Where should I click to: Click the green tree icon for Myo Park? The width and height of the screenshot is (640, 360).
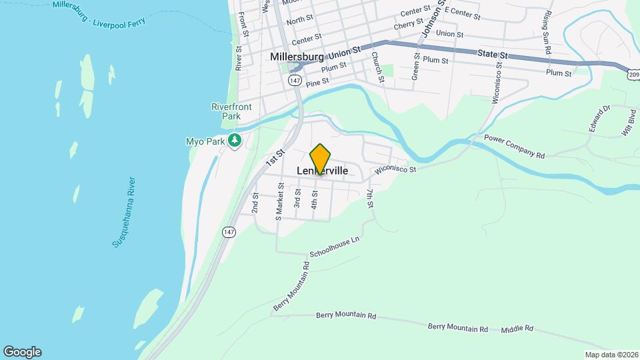pos(234,141)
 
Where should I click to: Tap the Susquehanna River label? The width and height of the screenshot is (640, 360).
pos(125,213)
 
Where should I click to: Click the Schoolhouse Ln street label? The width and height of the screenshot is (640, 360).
pos(335,248)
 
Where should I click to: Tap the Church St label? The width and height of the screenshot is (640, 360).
pos(378,67)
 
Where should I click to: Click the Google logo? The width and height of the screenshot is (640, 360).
pos(22,352)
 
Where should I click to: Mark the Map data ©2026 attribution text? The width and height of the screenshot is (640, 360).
pos(611,355)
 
